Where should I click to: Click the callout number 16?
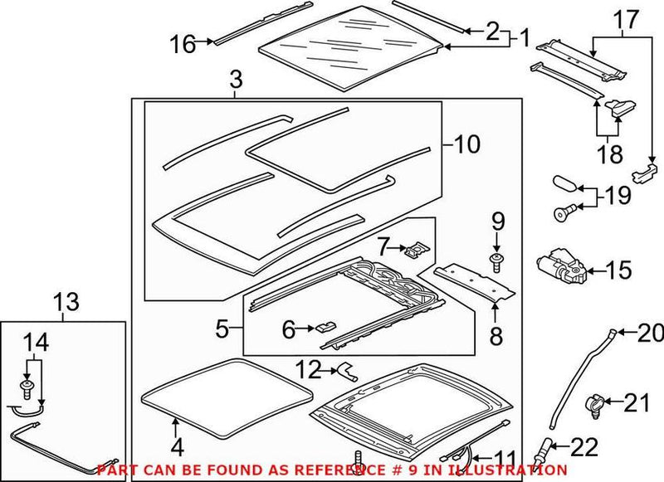(185, 44)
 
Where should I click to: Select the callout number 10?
(466, 144)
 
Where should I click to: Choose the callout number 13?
(64, 304)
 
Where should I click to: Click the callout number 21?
(636, 404)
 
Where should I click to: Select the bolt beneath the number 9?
(496, 265)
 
